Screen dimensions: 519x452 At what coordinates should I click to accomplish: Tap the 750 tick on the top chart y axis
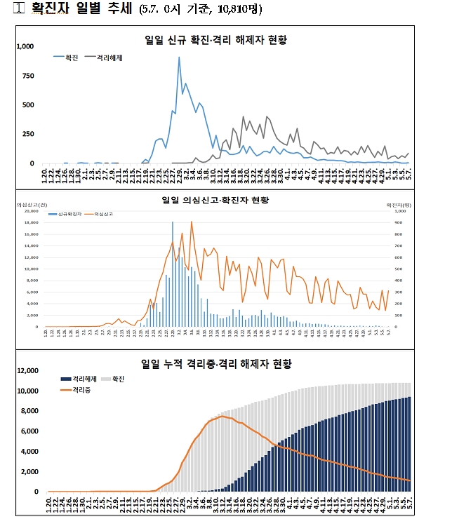point(28,76)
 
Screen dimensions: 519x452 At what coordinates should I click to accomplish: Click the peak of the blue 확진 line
point(179,58)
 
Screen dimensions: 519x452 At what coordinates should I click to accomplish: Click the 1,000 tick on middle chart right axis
point(399,211)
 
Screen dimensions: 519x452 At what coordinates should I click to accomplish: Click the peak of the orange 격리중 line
point(222,417)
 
